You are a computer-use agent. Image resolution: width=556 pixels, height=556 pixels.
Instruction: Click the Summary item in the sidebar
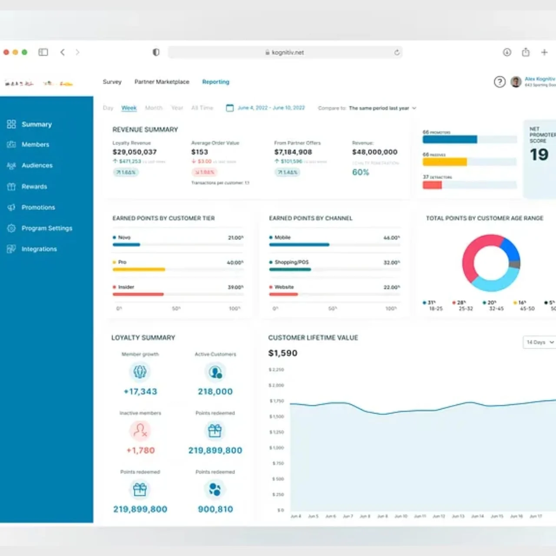tap(36, 124)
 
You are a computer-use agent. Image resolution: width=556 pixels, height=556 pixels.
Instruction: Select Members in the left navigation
tap(35, 145)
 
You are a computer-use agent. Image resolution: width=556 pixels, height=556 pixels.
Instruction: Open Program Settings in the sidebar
tap(46, 228)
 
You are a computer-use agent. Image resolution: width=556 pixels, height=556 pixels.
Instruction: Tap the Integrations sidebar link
tap(39, 249)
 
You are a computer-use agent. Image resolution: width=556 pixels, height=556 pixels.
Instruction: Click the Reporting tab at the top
tap(215, 82)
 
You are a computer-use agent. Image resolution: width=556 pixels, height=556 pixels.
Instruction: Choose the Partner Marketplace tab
tap(162, 82)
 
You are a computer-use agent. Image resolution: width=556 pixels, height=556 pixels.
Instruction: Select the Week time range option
tap(129, 108)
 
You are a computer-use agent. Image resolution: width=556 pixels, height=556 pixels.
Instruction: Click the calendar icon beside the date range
tap(230, 108)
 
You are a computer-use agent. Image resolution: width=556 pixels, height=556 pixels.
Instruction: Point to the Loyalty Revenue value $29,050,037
tap(134, 152)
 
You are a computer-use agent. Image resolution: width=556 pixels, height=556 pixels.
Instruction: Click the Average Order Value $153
tap(199, 152)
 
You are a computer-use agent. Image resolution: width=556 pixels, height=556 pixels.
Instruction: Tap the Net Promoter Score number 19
tap(539, 155)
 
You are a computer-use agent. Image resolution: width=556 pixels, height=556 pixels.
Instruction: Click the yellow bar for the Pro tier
tap(139, 269)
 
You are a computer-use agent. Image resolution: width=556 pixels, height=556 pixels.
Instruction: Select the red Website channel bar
tap(283, 294)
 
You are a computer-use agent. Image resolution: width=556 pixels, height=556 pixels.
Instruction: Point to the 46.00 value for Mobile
tap(391, 238)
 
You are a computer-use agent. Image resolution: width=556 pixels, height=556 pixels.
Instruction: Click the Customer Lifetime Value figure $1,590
tap(282, 353)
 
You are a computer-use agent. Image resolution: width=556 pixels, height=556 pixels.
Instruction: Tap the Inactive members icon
tap(140, 430)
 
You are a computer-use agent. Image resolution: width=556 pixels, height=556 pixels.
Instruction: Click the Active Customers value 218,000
tap(215, 392)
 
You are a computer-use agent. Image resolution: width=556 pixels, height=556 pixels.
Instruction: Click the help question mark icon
tap(500, 82)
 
